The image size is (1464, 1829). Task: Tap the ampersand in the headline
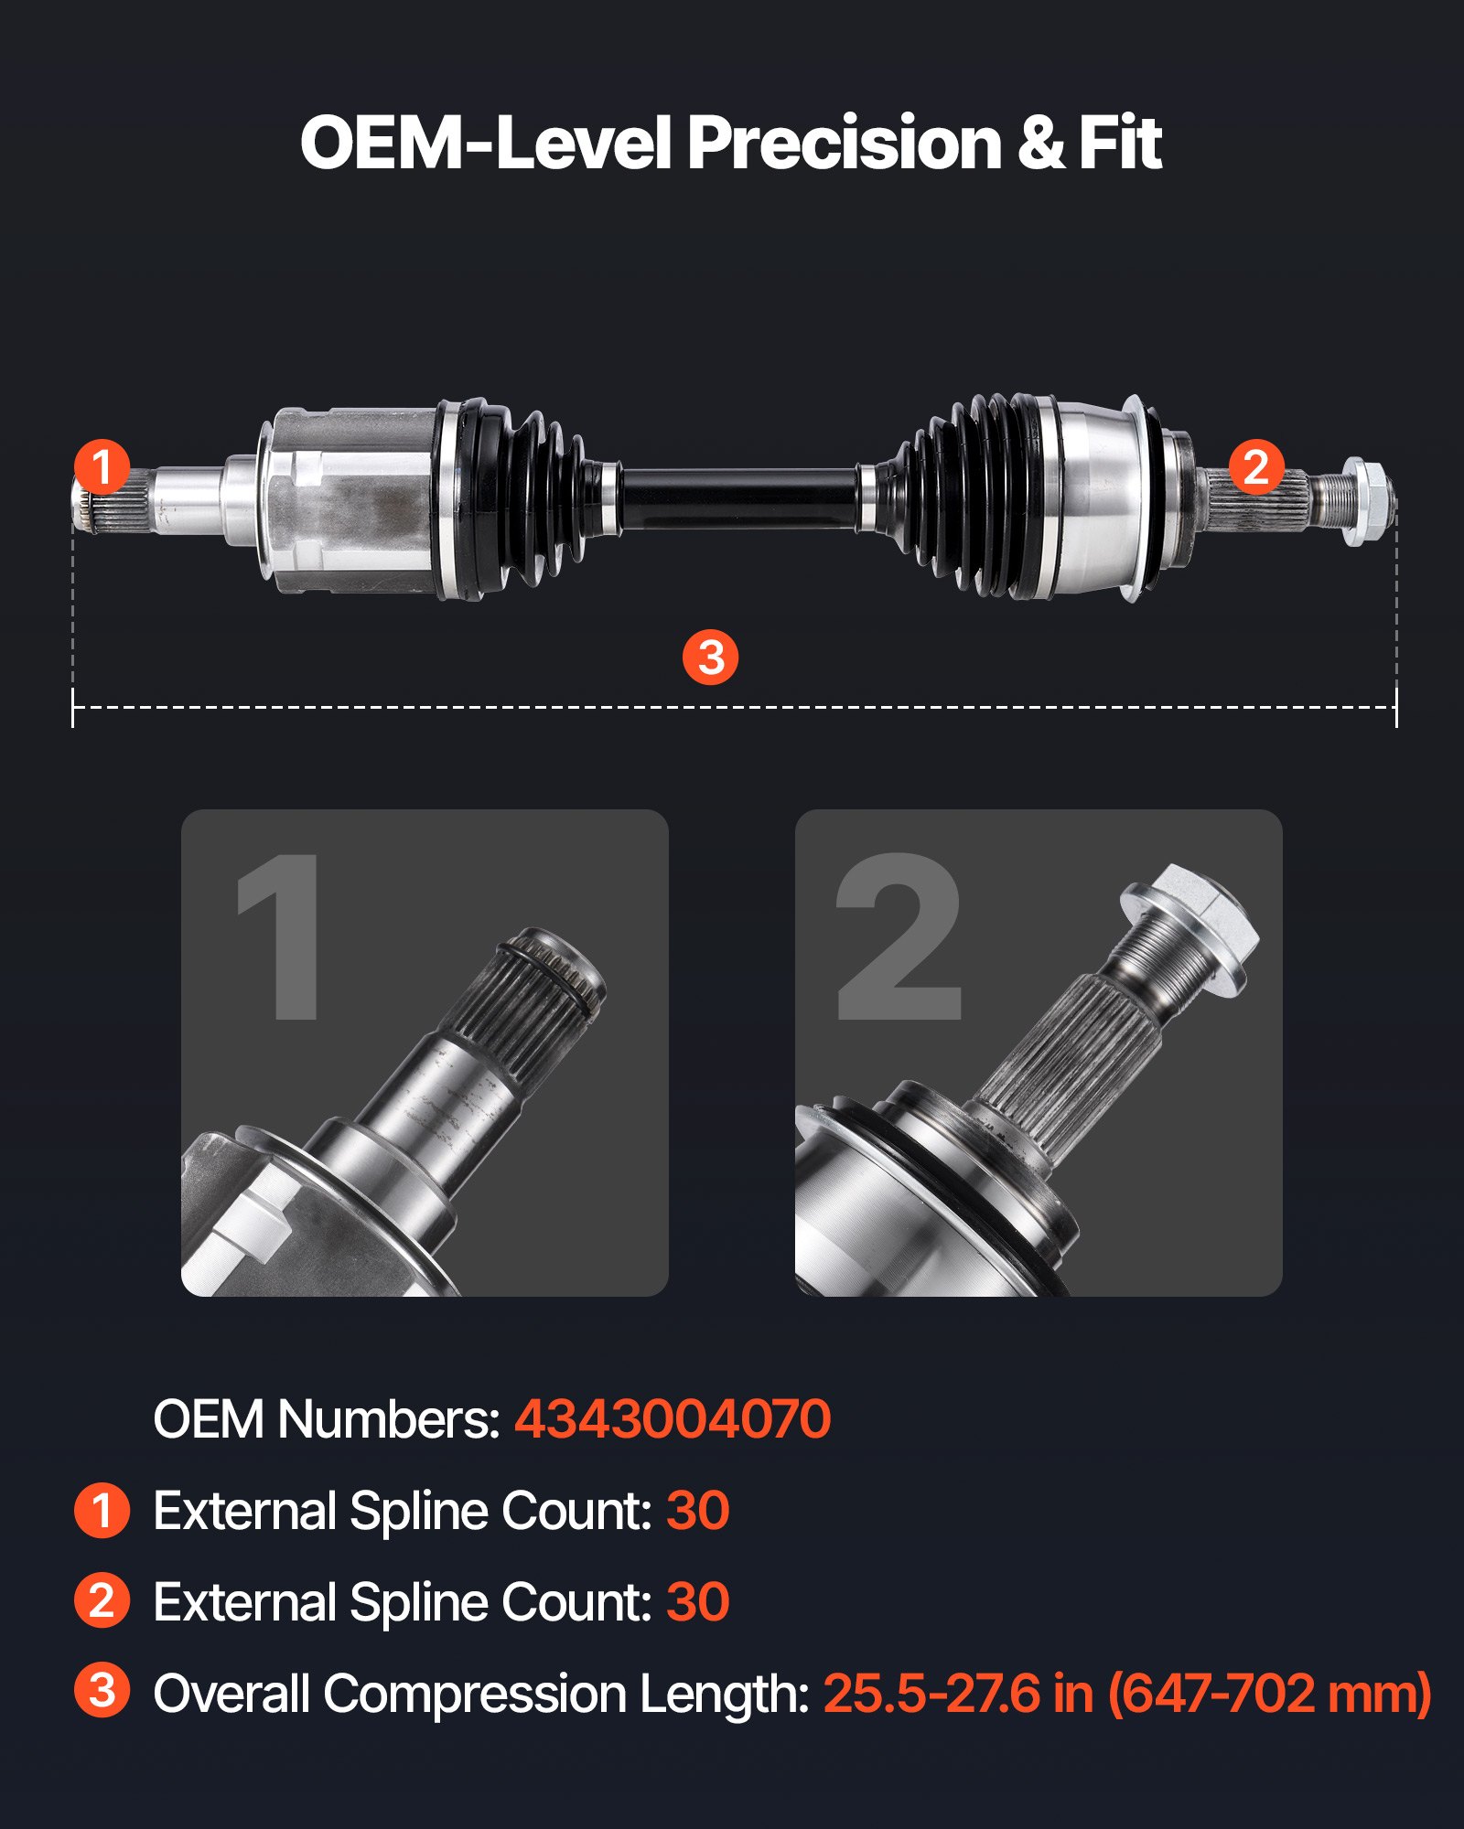tap(1040, 144)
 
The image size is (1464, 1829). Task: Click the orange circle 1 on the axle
tap(102, 466)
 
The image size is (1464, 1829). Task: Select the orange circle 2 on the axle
tap(1255, 466)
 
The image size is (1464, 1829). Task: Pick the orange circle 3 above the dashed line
tap(711, 657)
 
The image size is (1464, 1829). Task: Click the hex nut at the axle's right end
tap(1366, 501)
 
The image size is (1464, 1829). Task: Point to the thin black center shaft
tap(739, 499)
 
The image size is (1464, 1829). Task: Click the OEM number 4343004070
tap(672, 1419)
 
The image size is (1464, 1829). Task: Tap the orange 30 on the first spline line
tap(697, 1511)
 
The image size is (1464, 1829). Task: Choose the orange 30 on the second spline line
tap(697, 1602)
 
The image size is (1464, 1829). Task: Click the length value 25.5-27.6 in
tap(959, 1694)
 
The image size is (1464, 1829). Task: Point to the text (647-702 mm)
tap(1269, 1694)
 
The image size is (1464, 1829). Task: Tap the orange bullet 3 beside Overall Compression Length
tap(102, 1690)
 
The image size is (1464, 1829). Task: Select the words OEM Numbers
tap(326, 1419)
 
